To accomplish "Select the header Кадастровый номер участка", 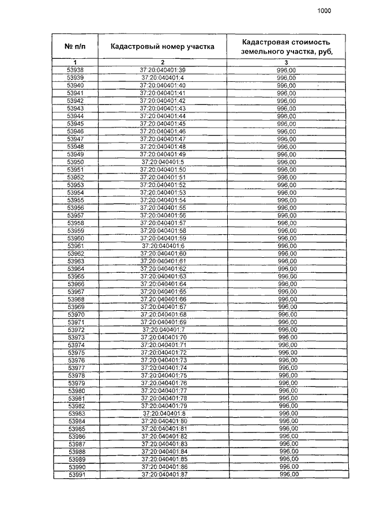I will click(163, 46).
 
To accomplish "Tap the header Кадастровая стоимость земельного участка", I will click(287, 46).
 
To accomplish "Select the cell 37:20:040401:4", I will click(163, 78).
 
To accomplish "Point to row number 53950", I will click(76, 162).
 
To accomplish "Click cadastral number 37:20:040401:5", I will click(163, 162).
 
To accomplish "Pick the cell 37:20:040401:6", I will click(163, 246).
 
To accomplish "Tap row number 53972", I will click(76, 329).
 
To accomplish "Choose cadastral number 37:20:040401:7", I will click(163, 329).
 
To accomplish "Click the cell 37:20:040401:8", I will click(164, 414).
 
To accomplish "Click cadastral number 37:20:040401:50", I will click(163, 170).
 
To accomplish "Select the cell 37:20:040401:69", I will click(163, 322).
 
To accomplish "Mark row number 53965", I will click(76, 276).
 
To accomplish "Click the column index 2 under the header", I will click(163, 62).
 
